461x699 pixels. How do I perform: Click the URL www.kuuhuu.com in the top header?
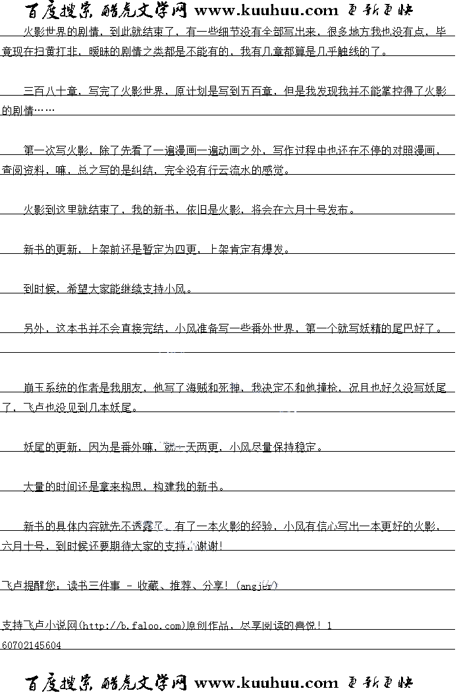pyautogui.click(x=266, y=11)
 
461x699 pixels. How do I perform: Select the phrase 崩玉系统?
pyautogui.click(x=45, y=388)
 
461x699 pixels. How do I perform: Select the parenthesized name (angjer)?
pyautogui.click(x=258, y=586)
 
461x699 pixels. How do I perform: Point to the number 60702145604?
pyautogui.click(x=32, y=645)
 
